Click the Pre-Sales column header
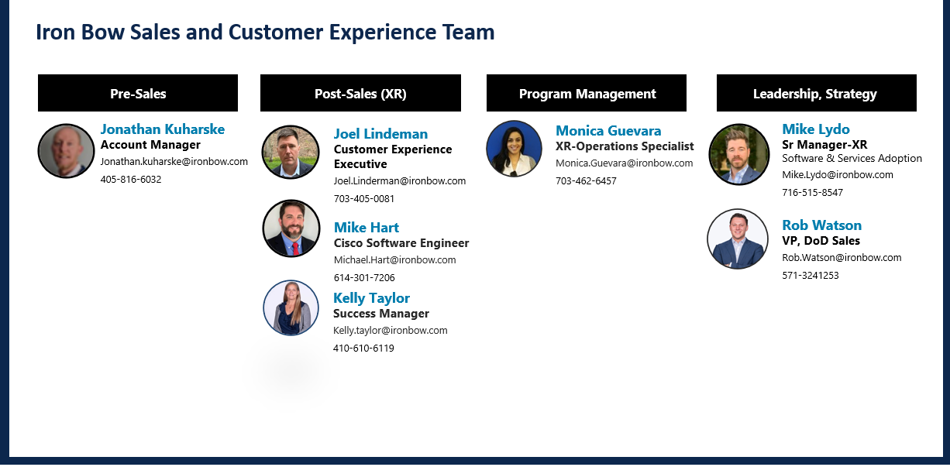pos(138,93)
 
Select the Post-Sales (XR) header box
pos(360,93)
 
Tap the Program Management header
pos(587,93)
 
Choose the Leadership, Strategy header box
pos(817,93)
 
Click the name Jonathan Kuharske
pos(163,129)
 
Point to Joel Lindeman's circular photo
pos(291,152)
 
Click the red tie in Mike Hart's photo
pos(295,249)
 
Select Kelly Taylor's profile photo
pos(291,307)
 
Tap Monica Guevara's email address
pos(625,163)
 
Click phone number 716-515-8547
pos(813,192)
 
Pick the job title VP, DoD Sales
pos(821,241)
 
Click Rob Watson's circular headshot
pos(738,239)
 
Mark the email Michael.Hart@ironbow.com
pos(395,259)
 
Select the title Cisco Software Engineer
pos(401,243)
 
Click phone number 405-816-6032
pos(131,179)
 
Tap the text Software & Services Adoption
pos(852,159)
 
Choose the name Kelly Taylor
pos(371,298)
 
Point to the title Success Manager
pos(381,314)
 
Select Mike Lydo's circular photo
pos(739,154)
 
